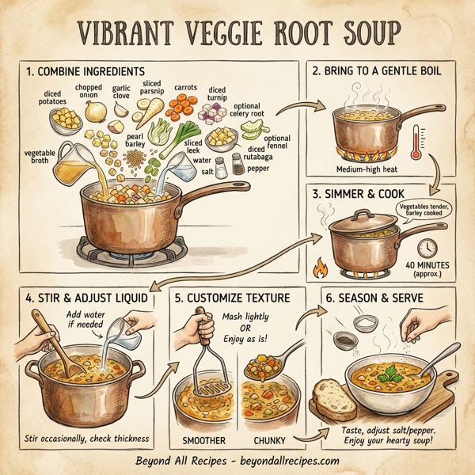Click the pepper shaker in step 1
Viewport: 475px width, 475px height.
coord(237,166)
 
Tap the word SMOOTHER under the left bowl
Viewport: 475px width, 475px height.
coord(205,439)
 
